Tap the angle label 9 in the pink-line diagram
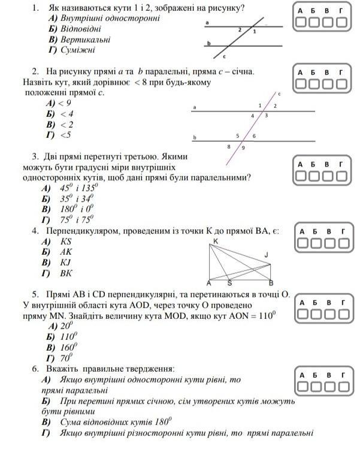pyautogui.click(x=243, y=147)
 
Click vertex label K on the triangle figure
pyautogui.click(x=215, y=241)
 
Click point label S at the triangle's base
pyautogui.click(x=229, y=283)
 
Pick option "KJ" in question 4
pyautogui.click(x=65, y=262)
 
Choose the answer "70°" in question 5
pyautogui.click(x=66, y=357)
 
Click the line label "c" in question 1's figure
pyautogui.click(x=224, y=57)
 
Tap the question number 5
pyautogui.click(x=36, y=294)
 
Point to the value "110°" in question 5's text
pyautogui.click(x=264, y=315)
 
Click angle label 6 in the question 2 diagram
pyautogui.click(x=254, y=136)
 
